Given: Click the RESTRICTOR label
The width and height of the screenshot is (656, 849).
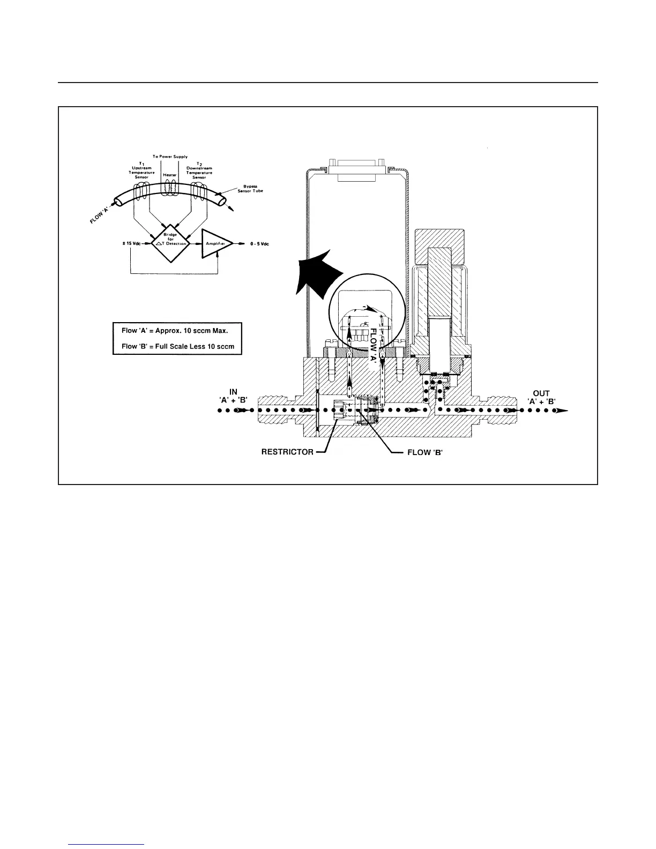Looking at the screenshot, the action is click(x=287, y=452).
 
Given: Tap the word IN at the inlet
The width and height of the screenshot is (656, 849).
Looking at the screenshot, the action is click(x=233, y=392).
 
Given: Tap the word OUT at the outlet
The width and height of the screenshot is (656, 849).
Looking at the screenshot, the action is click(x=541, y=393).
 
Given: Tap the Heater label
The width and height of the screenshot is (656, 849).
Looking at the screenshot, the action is click(x=170, y=175).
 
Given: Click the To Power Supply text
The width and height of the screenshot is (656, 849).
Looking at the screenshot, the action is click(x=170, y=157).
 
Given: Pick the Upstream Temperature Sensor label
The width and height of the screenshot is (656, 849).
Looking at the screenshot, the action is click(x=143, y=170).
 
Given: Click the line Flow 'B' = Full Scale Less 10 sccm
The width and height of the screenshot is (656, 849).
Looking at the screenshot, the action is click(x=178, y=346).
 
